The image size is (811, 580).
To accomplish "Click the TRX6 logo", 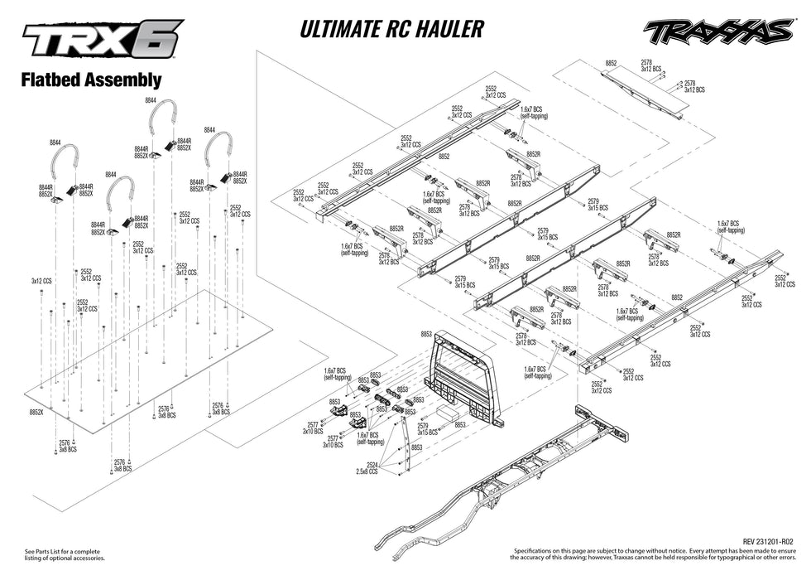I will coord(102,42).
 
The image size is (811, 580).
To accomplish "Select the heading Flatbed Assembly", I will coord(91,80).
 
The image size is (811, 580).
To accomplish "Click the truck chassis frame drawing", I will coord(530,464).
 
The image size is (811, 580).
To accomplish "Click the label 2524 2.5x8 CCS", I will coord(367,468).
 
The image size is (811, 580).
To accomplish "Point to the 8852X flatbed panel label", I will coord(36,412).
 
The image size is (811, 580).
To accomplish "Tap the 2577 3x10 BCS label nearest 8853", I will coord(312,428).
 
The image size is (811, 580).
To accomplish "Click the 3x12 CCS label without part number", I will coord(41,281).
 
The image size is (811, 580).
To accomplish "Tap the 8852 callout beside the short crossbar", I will coord(611,63).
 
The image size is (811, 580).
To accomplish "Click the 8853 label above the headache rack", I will coord(426,333).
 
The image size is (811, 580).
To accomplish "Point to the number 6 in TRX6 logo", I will coord(161,41).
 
